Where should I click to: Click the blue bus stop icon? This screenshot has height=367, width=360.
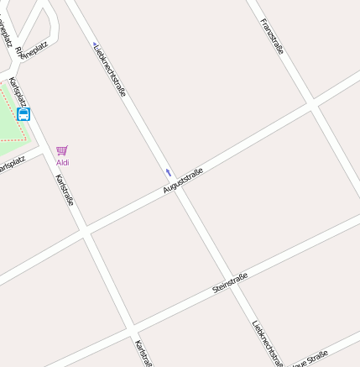pos(23,114)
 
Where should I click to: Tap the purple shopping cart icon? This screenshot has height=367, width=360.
pos(62,150)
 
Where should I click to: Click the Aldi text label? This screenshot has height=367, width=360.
pos(63,162)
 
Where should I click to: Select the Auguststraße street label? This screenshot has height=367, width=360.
pos(183,181)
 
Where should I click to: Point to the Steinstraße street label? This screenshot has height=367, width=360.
pos(230,283)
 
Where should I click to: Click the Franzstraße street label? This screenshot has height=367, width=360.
pos(272,36)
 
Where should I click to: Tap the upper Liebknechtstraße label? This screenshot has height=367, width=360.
pos(110,69)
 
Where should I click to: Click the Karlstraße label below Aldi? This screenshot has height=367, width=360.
pos(65,190)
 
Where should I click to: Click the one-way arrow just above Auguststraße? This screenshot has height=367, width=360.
pos(168,172)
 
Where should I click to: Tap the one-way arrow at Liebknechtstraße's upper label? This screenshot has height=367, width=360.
pos(95,45)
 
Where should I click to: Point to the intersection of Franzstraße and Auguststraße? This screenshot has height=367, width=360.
pos(312,104)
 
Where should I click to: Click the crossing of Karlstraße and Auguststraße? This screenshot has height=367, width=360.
pos(85,231)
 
